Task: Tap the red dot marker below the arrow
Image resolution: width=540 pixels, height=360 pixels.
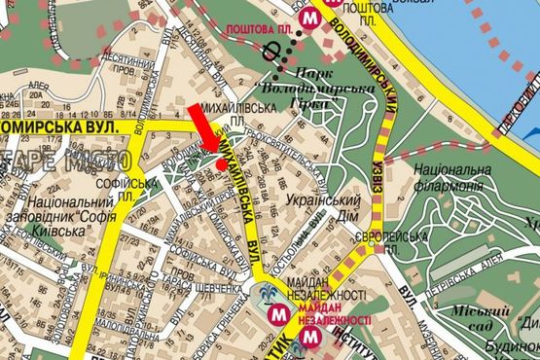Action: pos(222,164)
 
